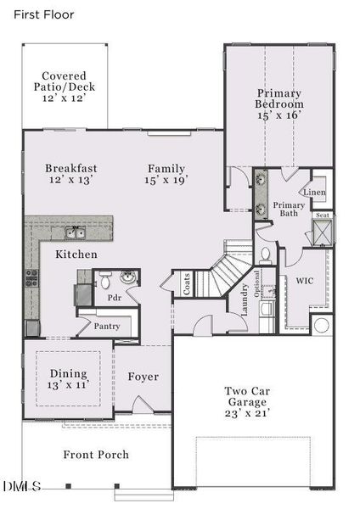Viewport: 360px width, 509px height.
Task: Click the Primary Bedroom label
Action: click(278, 103)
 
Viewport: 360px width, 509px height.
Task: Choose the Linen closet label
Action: click(314, 193)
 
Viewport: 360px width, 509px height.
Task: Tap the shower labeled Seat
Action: click(323, 231)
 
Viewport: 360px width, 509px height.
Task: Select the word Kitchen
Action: click(76, 255)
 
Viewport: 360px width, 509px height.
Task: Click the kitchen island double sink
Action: click(76, 232)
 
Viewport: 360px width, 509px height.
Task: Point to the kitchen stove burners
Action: click(31, 277)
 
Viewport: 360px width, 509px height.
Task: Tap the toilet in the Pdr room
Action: click(105, 279)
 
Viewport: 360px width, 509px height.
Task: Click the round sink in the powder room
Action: click(128, 277)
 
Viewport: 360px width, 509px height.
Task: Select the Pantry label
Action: click(106, 326)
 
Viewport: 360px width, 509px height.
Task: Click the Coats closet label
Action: click(186, 283)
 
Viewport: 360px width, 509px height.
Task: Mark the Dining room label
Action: click(67, 378)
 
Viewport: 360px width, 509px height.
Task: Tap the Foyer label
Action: click(143, 377)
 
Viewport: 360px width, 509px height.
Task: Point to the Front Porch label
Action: click(96, 455)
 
